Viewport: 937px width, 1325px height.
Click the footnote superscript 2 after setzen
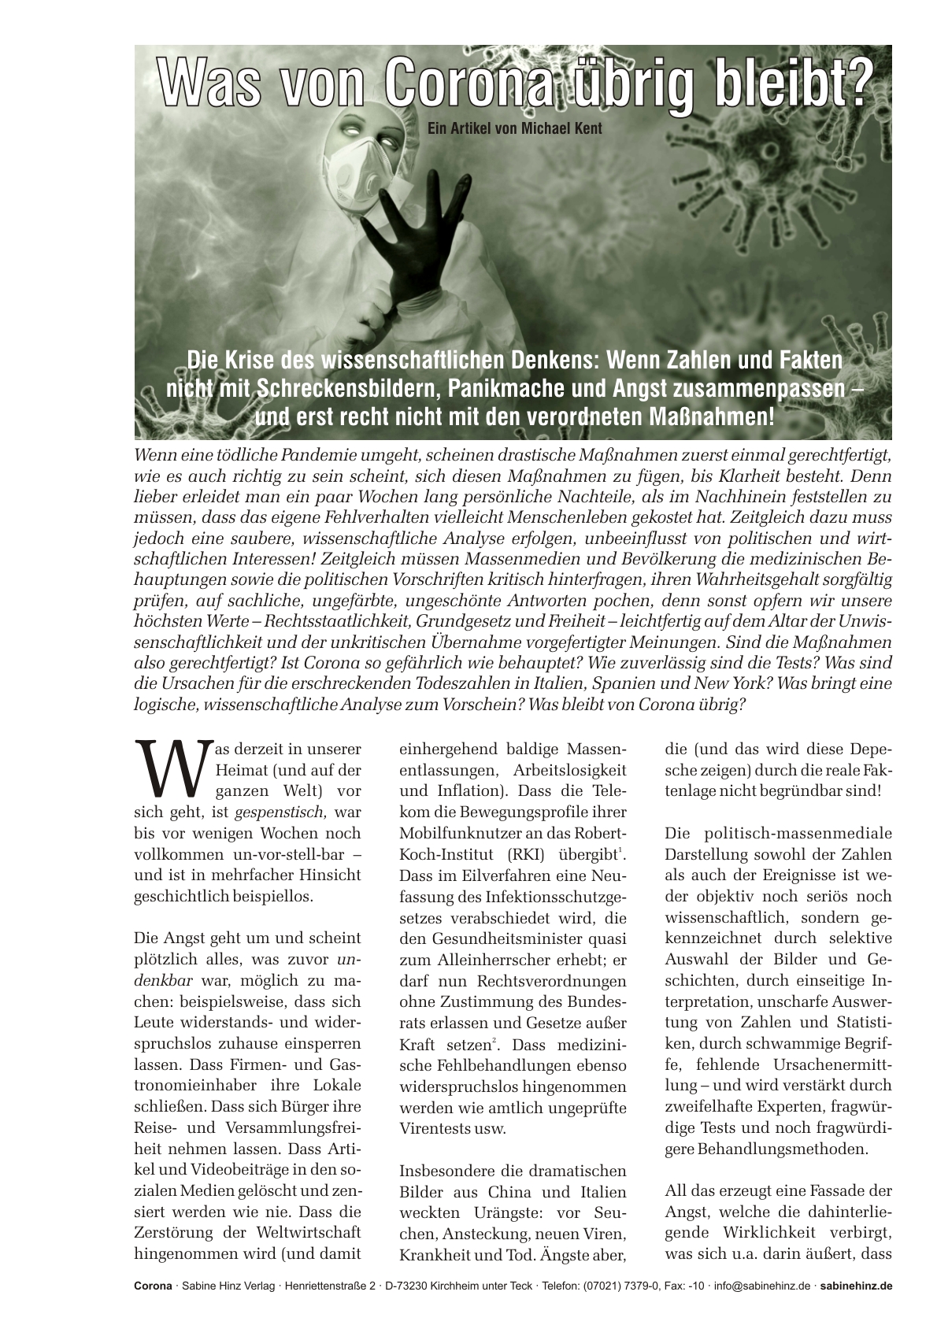coord(494,1042)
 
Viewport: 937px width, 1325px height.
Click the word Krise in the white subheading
coord(257,361)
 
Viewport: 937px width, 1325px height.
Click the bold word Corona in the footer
coord(153,1286)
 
